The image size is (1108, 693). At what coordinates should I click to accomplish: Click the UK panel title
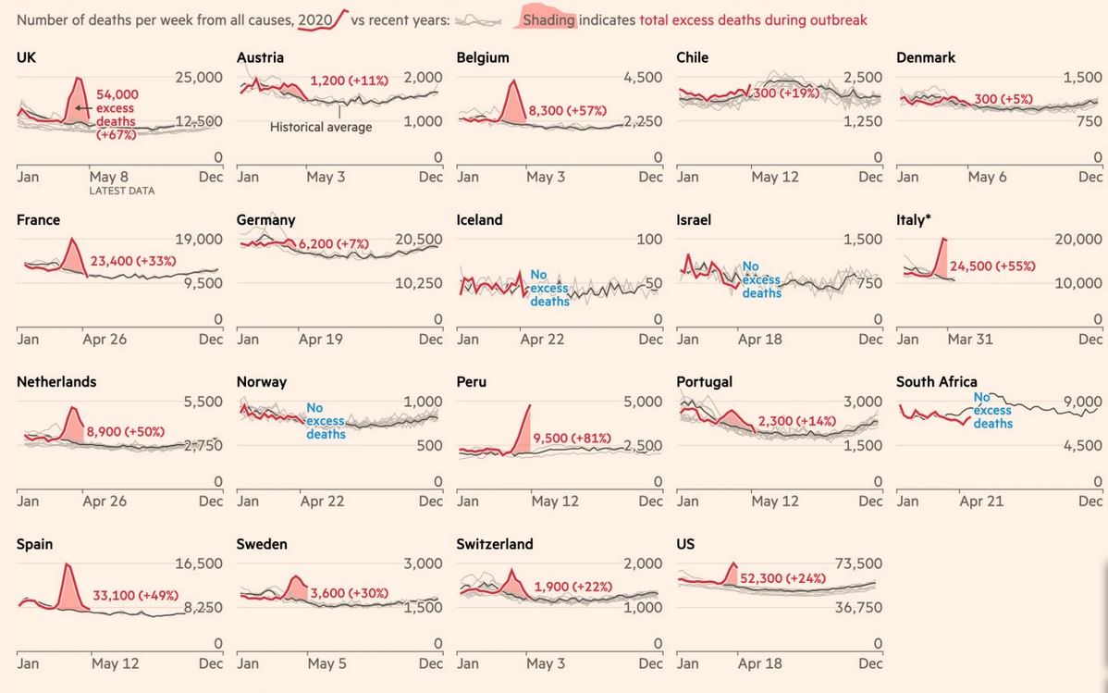click(x=27, y=57)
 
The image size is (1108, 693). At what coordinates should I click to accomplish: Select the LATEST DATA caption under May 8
click(x=122, y=192)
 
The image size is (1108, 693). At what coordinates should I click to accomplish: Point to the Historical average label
click(x=321, y=127)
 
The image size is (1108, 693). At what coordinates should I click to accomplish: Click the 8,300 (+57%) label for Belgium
click(x=567, y=111)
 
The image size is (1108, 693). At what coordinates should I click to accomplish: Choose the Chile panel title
click(x=693, y=57)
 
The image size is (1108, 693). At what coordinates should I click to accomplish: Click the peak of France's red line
click(x=72, y=240)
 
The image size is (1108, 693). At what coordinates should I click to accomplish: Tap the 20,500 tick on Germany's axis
click(x=417, y=240)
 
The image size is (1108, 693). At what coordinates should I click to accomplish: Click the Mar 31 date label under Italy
click(x=969, y=340)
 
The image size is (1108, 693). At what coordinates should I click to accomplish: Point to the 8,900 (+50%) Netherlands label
click(x=125, y=431)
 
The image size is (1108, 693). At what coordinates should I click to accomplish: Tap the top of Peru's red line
click(x=530, y=405)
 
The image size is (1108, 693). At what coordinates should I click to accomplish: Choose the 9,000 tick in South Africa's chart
click(x=1083, y=402)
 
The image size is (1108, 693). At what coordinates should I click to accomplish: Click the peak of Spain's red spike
click(x=67, y=563)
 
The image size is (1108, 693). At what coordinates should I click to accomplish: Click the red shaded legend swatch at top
click(x=548, y=19)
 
